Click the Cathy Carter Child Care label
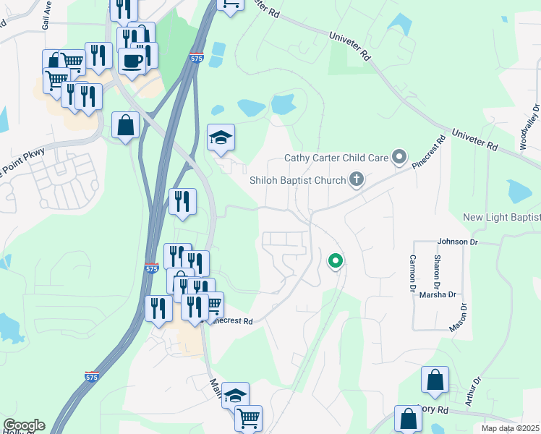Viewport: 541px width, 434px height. coord(336,158)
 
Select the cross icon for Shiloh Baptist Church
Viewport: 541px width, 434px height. coord(356,179)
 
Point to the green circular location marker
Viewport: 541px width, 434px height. coord(335,260)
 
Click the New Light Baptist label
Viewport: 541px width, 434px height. coord(502,218)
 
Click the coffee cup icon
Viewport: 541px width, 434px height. coord(132,61)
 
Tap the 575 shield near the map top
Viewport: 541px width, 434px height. coord(197,57)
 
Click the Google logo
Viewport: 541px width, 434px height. coord(24,425)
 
